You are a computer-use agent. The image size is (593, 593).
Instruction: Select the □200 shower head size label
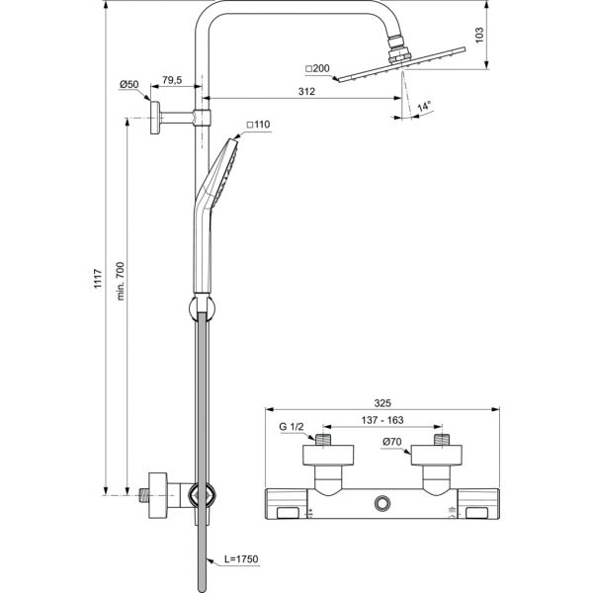[x=318, y=68]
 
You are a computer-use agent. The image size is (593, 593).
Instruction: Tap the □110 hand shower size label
[x=257, y=125]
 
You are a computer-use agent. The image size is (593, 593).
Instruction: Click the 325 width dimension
[x=384, y=403]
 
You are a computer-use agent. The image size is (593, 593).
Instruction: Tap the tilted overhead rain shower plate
[x=400, y=73]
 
